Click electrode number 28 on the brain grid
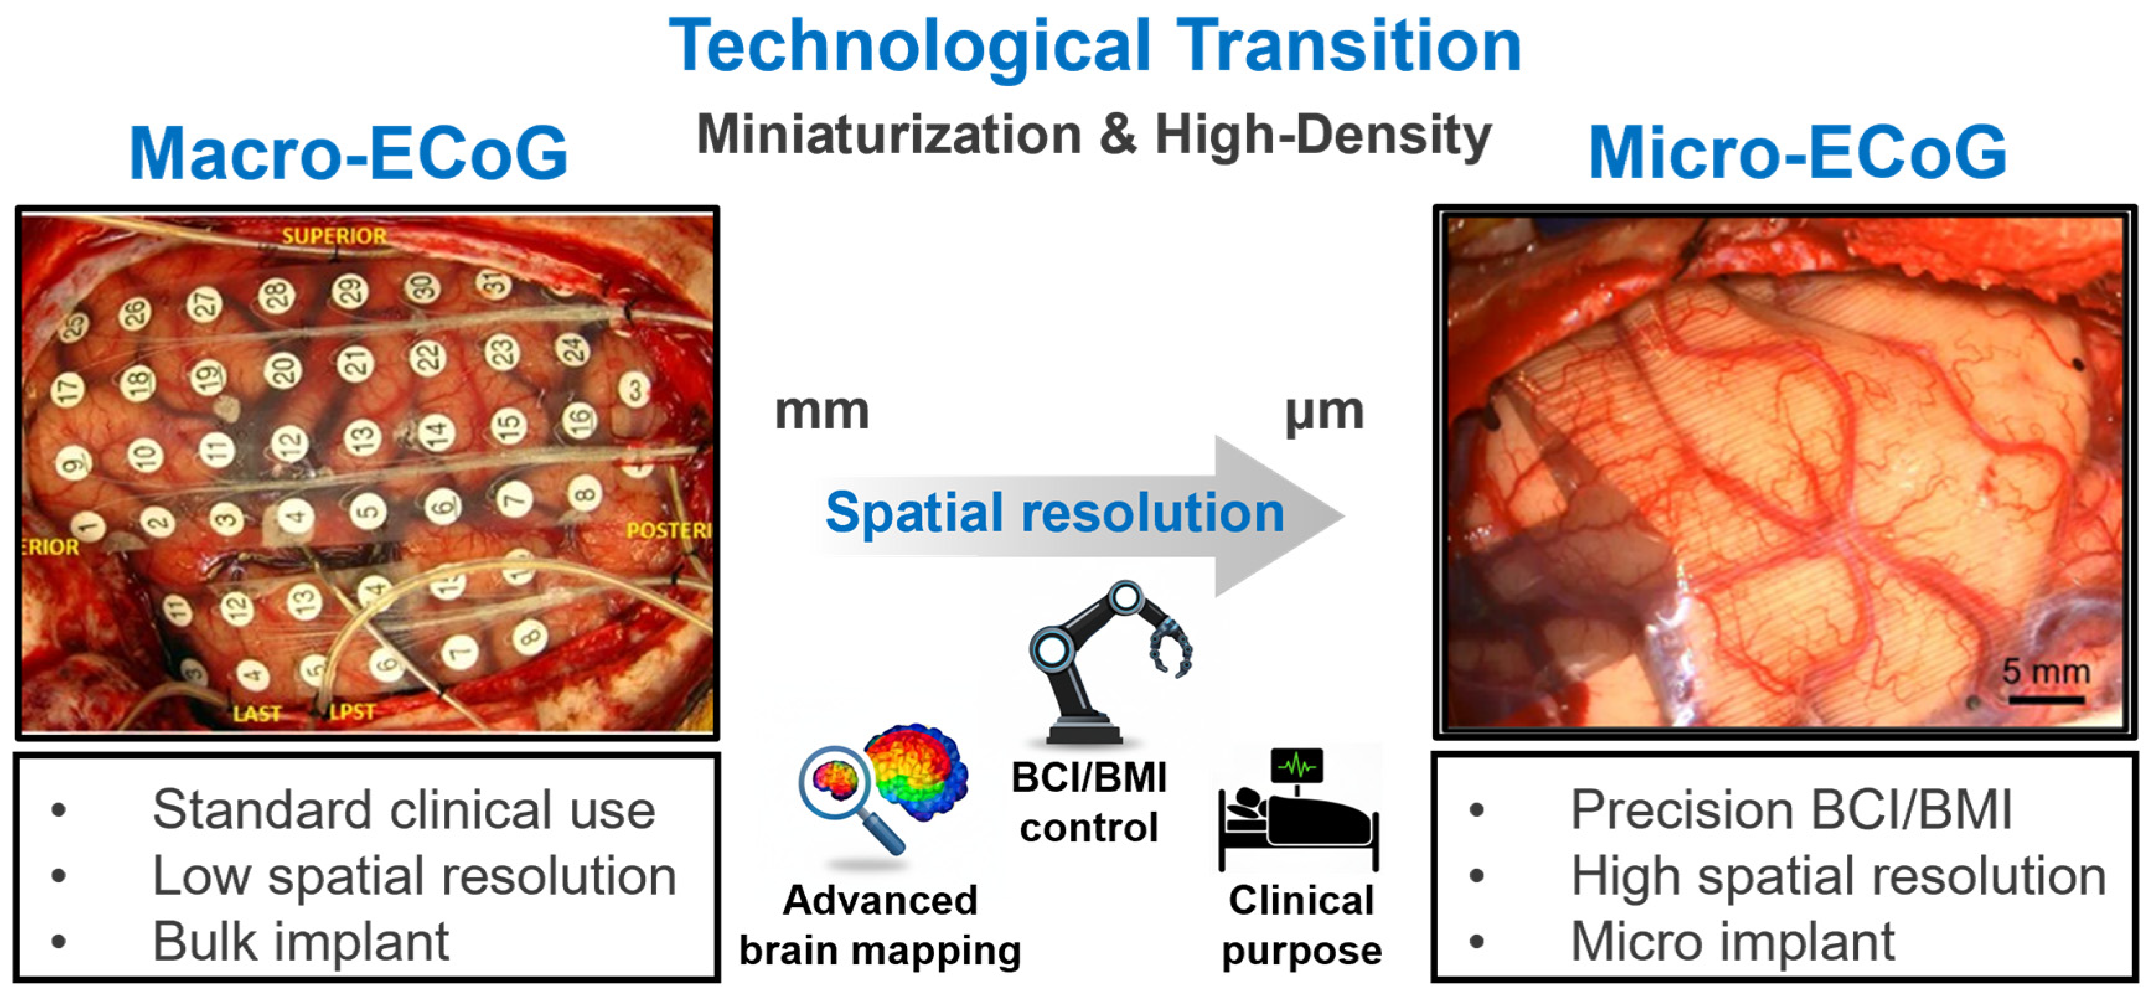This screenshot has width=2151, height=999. point(276,296)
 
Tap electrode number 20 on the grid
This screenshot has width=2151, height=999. point(282,369)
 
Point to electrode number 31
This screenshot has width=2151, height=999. point(494,284)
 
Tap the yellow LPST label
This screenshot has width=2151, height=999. point(352,712)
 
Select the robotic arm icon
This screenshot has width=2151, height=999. point(1106,660)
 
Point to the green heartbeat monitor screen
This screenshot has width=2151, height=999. point(1297,764)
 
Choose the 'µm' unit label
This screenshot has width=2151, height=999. point(1324,412)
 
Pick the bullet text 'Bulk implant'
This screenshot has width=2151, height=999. point(301,941)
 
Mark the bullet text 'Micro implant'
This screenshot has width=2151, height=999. point(1733,941)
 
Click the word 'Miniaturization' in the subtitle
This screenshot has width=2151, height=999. point(890,135)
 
